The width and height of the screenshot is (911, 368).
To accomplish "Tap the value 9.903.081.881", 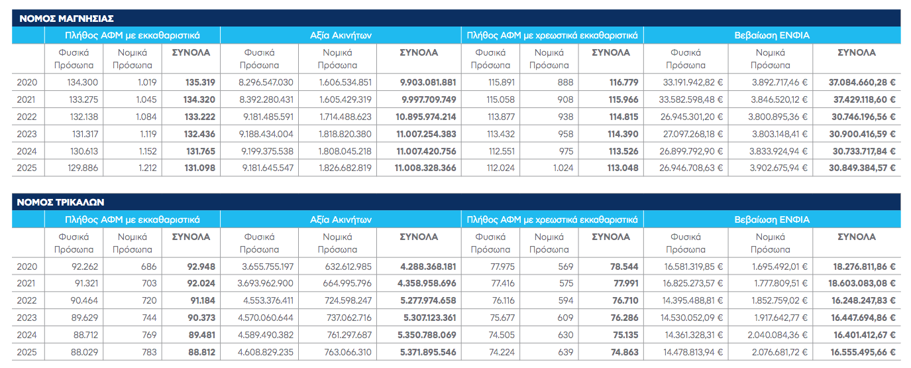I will [x=428, y=82].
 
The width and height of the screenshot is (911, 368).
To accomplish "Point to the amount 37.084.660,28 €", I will [x=862, y=82].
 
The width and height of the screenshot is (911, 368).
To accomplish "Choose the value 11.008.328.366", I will [x=425, y=168].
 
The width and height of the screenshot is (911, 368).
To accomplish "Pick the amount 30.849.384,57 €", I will [x=862, y=168].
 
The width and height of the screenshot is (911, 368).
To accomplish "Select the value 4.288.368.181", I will [x=428, y=267].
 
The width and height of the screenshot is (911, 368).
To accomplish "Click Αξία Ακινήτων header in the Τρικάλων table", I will [x=341, y=219].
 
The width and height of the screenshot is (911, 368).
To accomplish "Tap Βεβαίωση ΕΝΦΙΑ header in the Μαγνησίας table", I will [x=772, y=35].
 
